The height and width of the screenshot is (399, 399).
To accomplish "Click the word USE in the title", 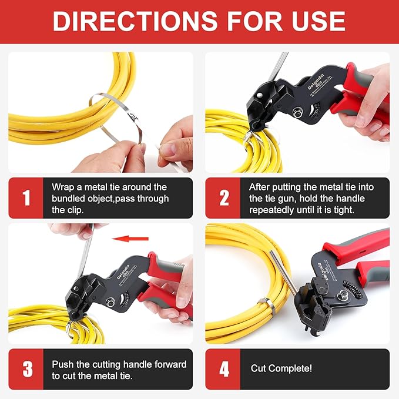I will pyautogui.click(x=314, y=22).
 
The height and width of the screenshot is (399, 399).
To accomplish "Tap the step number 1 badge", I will pyautogui.click(x=26, y=198).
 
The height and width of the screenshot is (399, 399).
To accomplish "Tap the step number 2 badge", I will pyautogui.click(x=223, y=198).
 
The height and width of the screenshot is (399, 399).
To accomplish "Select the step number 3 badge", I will pyautogui.click(x=26, y=369).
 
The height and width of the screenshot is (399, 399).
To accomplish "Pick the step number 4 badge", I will pyautogui.click(x=223, y=369).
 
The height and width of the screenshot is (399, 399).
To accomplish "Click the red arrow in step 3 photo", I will pyautogui.click(x=130, y=239).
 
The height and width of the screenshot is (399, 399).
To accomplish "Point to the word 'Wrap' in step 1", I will pyautogui.click(x=63, y=187).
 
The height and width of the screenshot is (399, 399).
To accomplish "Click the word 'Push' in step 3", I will pyautogui.click(x=63, y=364).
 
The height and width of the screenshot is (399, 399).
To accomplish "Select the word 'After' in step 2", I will pyautogui.click(x=260, y=187).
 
